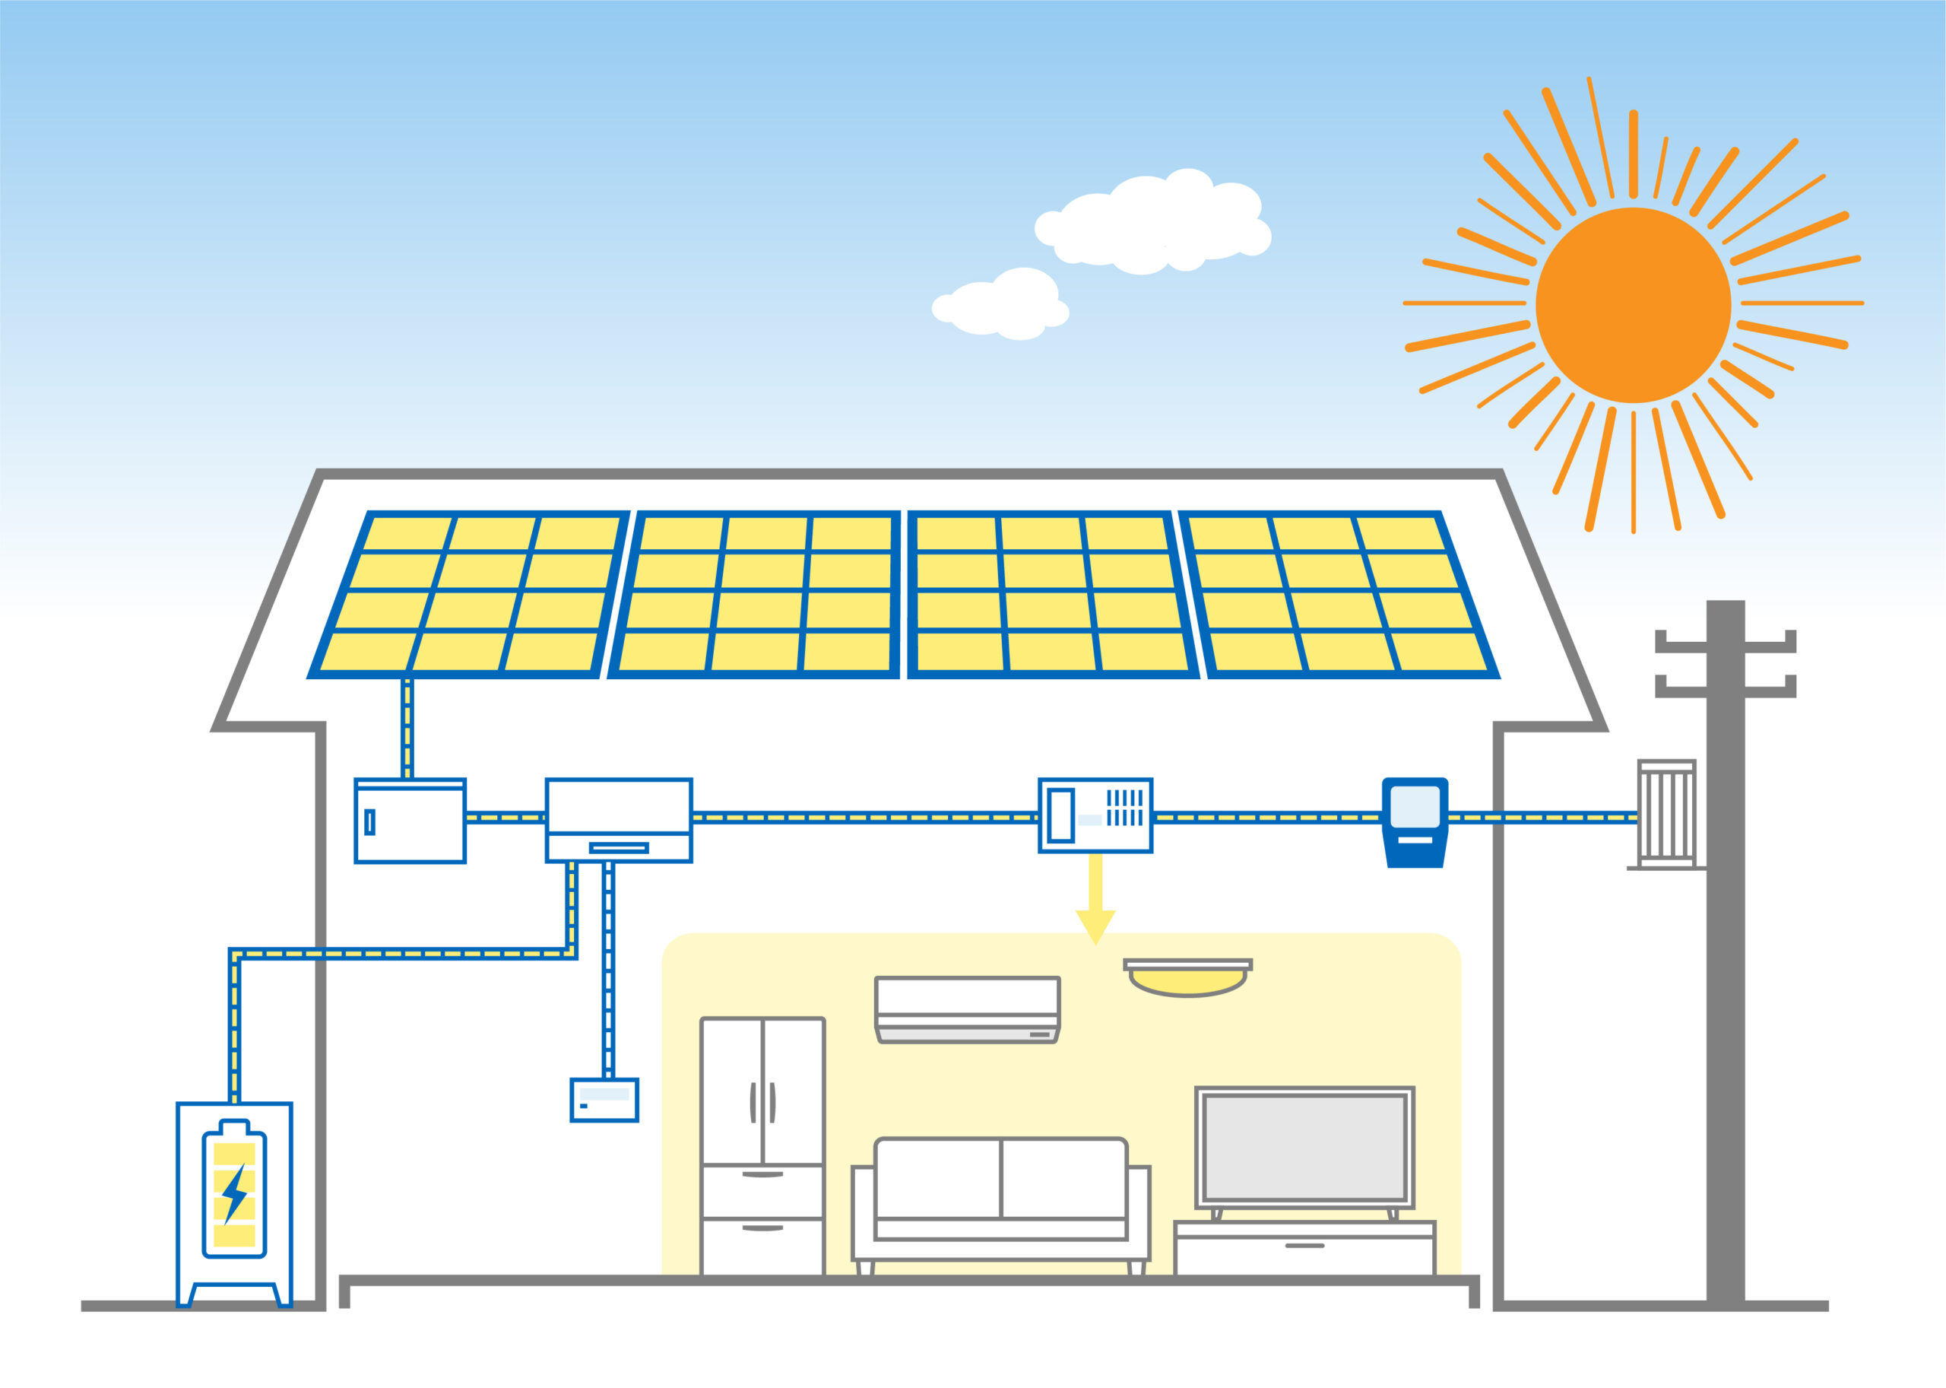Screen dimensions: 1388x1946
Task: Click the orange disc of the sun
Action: pyautogui.click(x=1633, y=305)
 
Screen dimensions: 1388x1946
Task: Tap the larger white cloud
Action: pyautogui.click(x=1153, y=224)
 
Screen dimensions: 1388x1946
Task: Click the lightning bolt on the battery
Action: pyautogui.click(x=234, y=1193)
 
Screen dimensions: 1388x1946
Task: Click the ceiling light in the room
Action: pyautogui.click(x=1187, y=978)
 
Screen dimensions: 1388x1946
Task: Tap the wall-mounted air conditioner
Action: pyautogui.click(x=967, y=1009)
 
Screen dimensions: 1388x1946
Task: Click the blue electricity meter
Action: pyautogui.click(x=1415, y=821)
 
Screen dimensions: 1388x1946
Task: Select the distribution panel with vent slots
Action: pyautogui.click(x=1095, y=815)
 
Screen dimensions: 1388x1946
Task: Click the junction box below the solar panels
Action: pyautogui.click(x=410, y=821)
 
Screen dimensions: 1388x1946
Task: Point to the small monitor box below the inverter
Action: pyautogui.click(x=604, y=1100)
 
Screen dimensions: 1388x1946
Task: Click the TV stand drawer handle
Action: pyautogui.click(x=1304, y=1245)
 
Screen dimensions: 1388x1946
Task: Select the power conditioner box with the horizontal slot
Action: pyautogui.click(x=619, y=821)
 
